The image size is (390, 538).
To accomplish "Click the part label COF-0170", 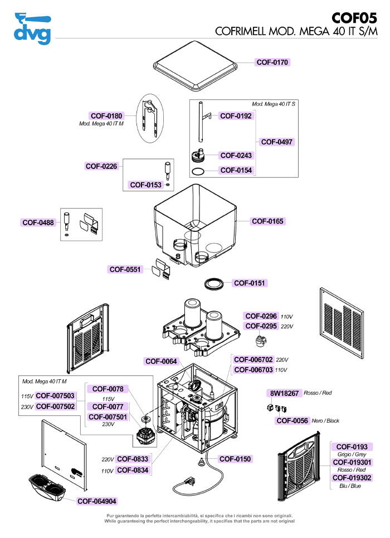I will (272, 62).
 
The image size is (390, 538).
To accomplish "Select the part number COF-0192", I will (236, 116).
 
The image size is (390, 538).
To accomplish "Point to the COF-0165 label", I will (268, 221).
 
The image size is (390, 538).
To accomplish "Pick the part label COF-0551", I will (126, 269).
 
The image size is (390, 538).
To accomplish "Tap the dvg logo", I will (32, 29).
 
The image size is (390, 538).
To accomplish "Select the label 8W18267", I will (285, 394).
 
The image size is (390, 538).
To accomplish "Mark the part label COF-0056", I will (292, 421).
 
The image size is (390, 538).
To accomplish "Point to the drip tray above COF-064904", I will (47, 487).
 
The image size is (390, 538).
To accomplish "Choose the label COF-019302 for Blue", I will (352, 478).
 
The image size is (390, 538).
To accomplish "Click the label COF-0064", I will (162, 361).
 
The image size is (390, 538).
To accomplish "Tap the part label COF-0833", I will (133, 459).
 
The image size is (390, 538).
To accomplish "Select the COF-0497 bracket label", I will (277, 142).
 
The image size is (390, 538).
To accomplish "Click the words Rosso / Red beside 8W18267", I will (318, 394).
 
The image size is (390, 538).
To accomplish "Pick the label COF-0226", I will (101, 166).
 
